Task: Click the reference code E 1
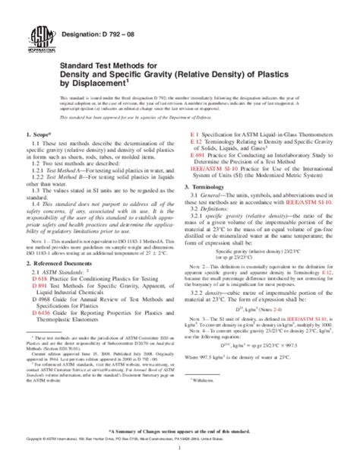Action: (194, 134)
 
